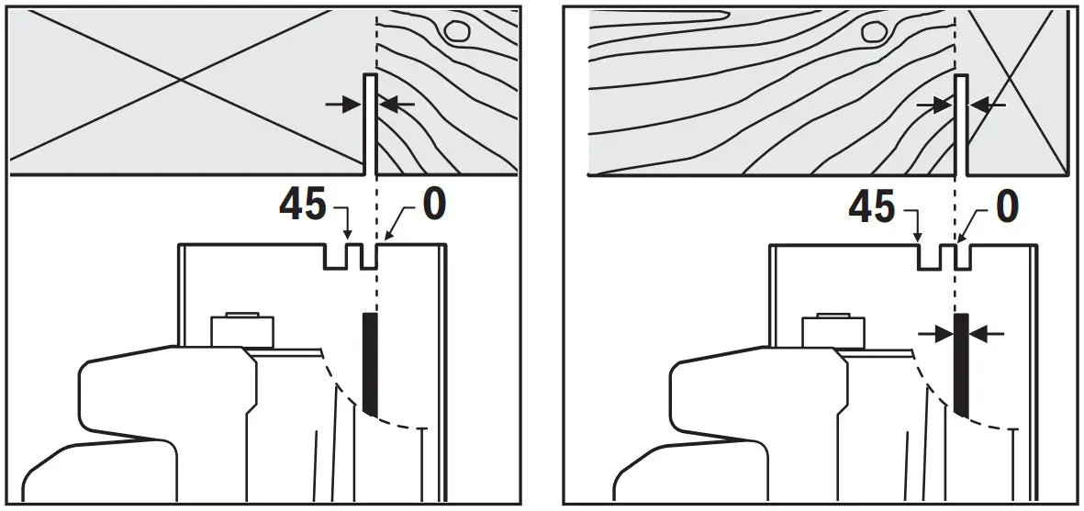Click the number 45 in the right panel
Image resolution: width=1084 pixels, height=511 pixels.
click(x=872, y=207)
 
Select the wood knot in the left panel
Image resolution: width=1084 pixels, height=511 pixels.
click(x=456, y=31)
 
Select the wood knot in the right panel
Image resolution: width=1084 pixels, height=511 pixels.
click(x=873, y=32)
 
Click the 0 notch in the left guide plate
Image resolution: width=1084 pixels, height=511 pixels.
click(x=370, y=257)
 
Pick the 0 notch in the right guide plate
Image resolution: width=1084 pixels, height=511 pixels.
click(x=961, y=257)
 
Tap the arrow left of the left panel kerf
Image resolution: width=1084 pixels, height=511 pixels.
click(x=342, y=106)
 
